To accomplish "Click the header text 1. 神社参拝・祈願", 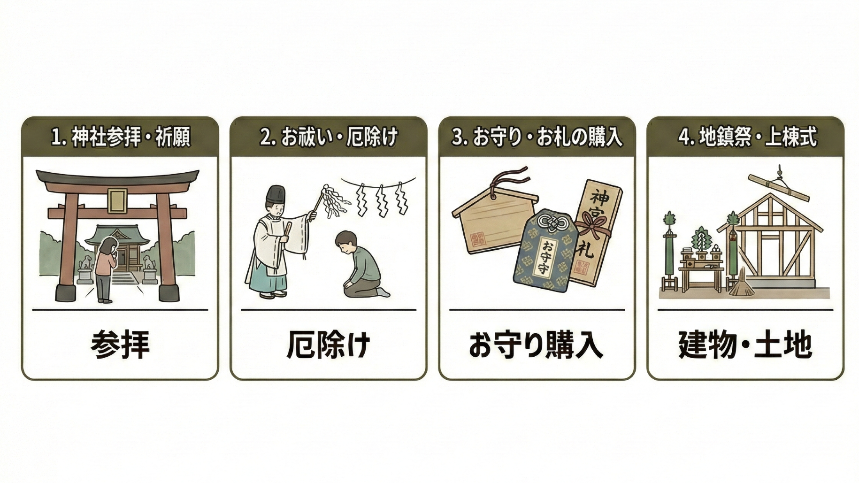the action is [121, 137].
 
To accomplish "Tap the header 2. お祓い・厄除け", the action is [329, 137].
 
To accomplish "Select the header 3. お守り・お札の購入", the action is [537, 137].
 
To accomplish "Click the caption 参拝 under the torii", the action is [120, 345].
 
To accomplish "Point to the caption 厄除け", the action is [329, 345].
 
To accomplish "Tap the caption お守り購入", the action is [537, 345].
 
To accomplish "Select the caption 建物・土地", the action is [745, 345].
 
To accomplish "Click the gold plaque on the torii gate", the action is [117, 200].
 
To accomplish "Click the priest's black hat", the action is [276, 194].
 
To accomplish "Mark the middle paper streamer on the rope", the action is [381, 200].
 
